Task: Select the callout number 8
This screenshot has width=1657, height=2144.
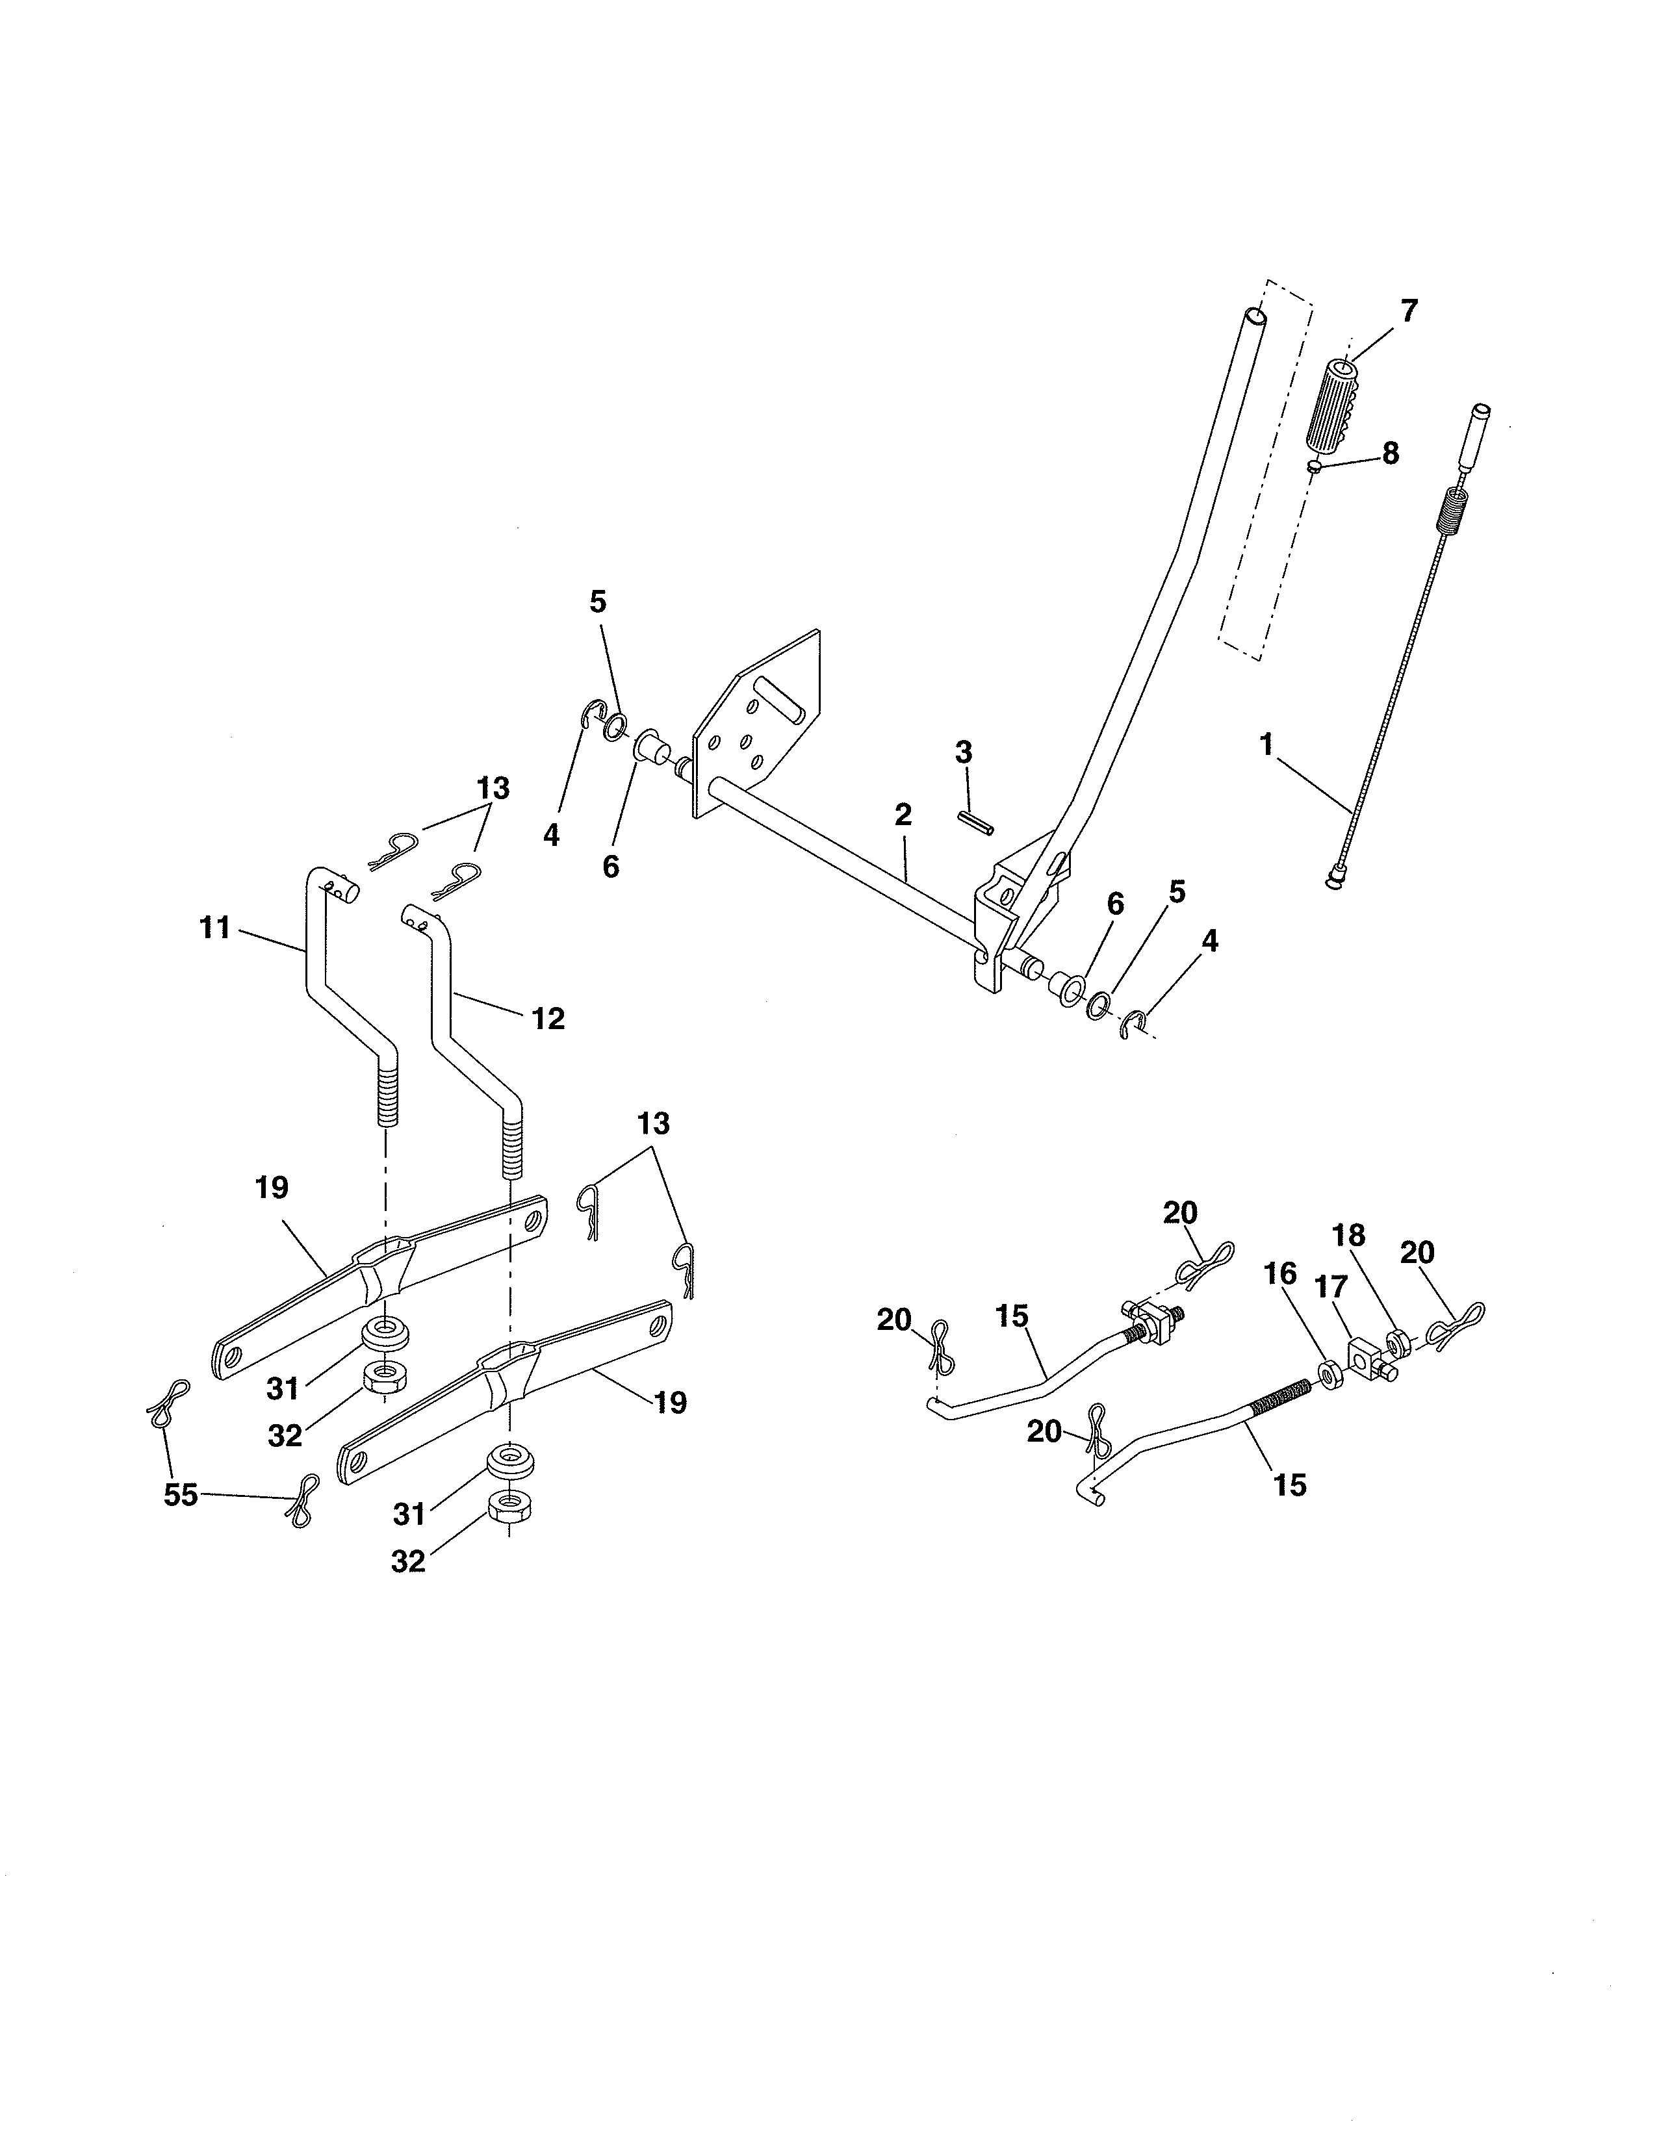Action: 1390,453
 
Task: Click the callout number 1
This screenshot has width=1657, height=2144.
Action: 1266,743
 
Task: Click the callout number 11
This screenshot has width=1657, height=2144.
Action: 215,926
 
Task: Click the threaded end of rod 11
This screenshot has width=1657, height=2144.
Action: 387,1099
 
